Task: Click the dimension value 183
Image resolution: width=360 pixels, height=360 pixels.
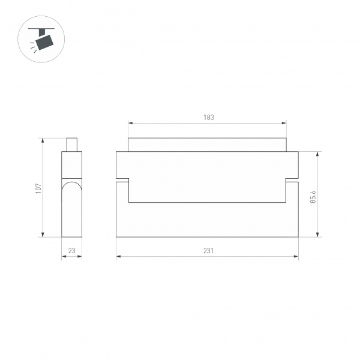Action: coord(208,118)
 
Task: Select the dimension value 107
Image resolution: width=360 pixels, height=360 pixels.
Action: coord(38,188)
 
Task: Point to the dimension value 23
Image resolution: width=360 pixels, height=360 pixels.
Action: coord(71,251)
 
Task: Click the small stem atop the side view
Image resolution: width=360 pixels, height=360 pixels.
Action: coord(72,145)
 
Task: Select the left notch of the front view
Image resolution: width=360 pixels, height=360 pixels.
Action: coord(122,179)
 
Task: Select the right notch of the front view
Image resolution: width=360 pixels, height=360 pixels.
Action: coord(292,179)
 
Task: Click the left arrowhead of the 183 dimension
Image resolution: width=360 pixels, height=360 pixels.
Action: coord(130,124)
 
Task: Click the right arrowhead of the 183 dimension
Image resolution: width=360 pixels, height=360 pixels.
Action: coord(285,124)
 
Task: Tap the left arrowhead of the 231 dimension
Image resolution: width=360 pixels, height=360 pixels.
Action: coord(118,257)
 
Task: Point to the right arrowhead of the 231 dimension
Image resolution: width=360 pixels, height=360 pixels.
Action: coord(296,257)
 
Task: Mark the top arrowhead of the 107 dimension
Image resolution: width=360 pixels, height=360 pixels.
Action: coord(43,140)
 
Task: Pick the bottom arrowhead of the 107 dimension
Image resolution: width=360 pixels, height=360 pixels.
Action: coord(43,235)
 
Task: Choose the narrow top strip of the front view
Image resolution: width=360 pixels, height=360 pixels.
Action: coord(208,145)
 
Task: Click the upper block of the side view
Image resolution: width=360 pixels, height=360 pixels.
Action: coord(71,165)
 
